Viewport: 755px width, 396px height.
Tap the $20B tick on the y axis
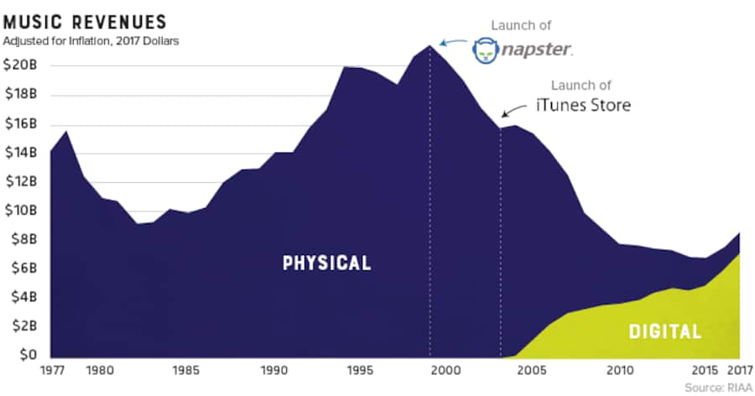19,65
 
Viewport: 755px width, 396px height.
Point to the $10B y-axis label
19,210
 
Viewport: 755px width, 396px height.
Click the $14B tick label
19,152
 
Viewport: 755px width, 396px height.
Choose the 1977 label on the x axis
52,369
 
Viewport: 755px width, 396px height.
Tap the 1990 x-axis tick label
272,369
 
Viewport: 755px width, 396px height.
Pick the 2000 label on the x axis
445,369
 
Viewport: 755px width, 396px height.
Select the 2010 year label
619,369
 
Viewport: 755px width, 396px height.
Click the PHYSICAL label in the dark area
327,263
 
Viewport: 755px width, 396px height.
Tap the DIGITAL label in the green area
665,331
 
